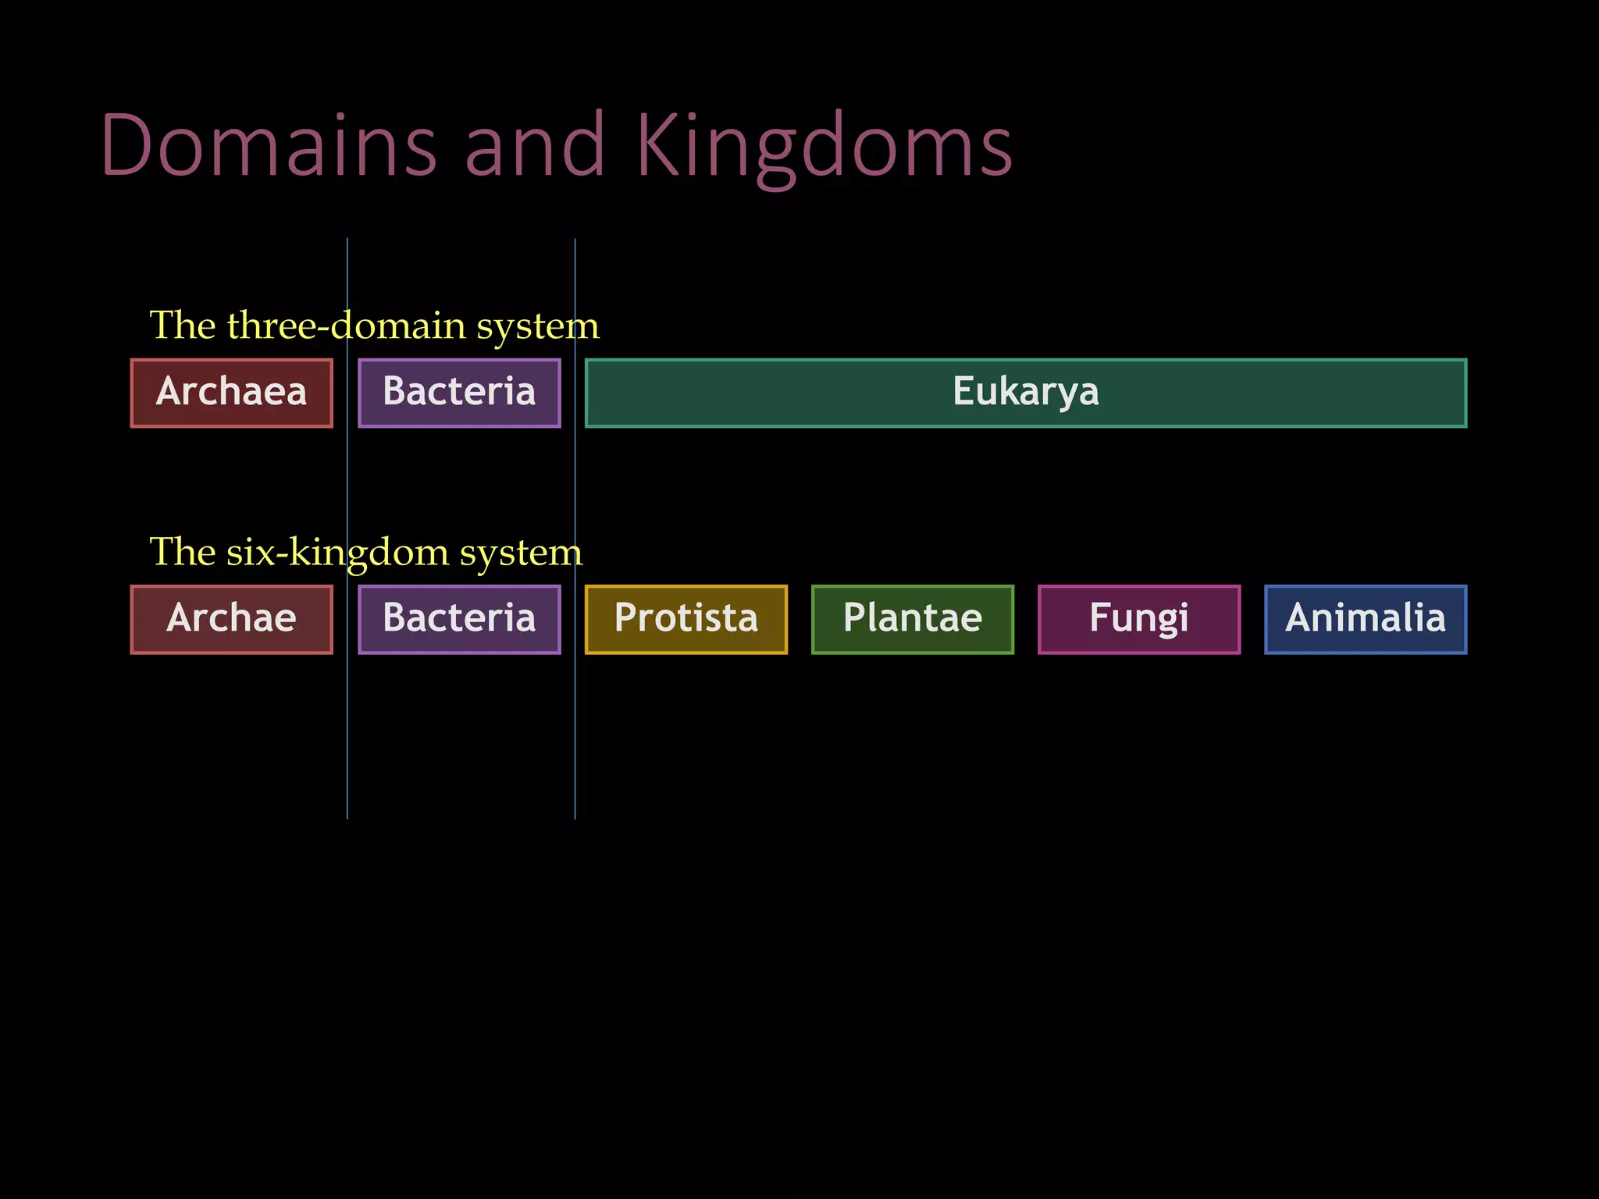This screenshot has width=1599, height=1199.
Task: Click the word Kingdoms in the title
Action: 824,146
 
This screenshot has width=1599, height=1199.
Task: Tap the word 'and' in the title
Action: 535,146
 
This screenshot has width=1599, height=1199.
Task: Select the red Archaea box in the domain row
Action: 232,393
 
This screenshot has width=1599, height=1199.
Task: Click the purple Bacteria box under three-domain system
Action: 459,393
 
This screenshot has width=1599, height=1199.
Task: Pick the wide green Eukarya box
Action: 1025,393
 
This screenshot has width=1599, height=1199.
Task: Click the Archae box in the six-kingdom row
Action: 232,619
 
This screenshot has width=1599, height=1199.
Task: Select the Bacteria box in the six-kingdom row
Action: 459,619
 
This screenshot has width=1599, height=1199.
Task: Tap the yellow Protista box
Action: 686,619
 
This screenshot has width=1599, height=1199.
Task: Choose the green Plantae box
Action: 912,619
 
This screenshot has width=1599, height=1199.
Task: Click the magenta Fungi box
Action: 1138,619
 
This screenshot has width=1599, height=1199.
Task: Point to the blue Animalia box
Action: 1366,619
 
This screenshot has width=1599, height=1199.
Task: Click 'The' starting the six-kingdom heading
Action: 182,552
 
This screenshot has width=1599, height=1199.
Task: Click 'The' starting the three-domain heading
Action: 182,325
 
